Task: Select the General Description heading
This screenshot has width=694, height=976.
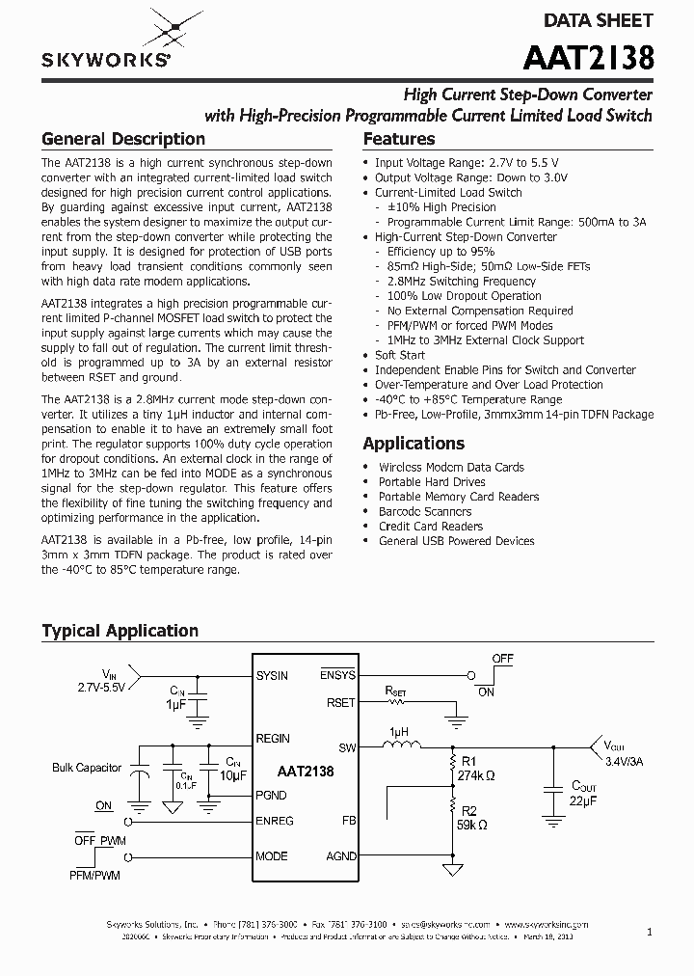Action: pyautogui.click(x=122, y=139)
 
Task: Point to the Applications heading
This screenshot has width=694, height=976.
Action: pyautogui.click(x=414, y=444)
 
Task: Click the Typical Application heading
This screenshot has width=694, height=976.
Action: pyautogui.click(x=120, y=631)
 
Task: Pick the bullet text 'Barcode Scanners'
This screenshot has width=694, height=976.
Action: pyautogui.click(x=424, y=511)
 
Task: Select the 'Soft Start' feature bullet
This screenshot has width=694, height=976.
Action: pyautogui.click(x=399, y=355)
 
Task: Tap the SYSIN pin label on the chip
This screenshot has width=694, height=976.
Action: pyautogui.click(x=272, y=675)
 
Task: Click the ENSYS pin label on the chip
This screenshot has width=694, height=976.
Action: pyautogui.click(x=338, y=675)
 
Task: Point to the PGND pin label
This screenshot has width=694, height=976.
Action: pyautogui.click(x=272, y=796)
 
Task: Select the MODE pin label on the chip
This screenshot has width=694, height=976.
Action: pyautogui.click(x=272, y=856)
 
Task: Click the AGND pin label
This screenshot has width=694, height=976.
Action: pyautogui.click(x=341, y=856)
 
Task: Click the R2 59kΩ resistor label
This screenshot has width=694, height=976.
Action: pyautogui.click(x=472, y=817)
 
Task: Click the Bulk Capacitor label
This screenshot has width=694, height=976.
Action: pyautogui.click(x=87, y=768)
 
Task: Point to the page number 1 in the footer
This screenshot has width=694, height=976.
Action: pyautogui.click(x=649, y=932)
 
